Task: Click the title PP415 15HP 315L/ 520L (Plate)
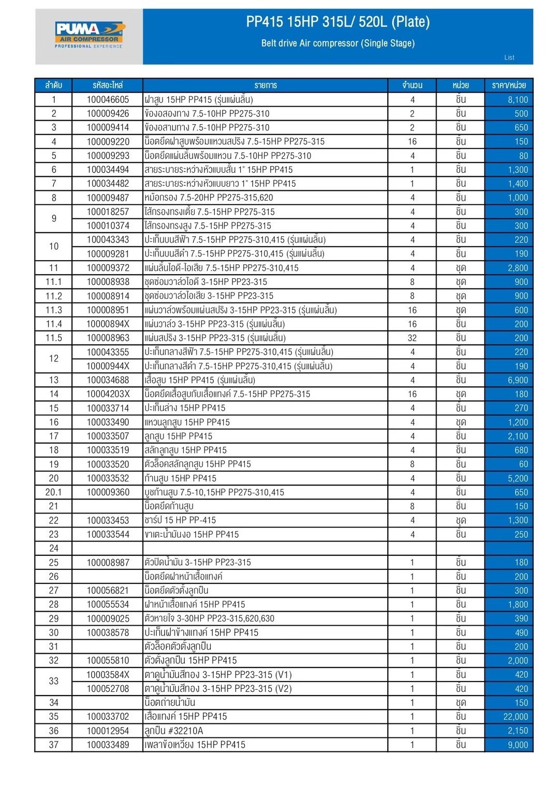[338, 22]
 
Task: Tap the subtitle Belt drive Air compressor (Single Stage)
[338, 43]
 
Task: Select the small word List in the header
[509, 57]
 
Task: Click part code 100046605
[108, 100]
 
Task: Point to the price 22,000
[516, 717]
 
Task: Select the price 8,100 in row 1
[518, 100]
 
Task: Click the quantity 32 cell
[412, 338]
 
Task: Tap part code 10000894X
[108, 324]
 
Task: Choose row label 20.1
[53, 492]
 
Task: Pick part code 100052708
[108, 689]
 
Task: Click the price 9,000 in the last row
[518, 745]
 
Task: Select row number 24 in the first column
[53, 548]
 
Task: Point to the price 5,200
[518, 478]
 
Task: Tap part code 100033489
[108, 745]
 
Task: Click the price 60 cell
[523, 464]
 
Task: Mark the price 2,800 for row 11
[518, 268]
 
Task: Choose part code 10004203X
[108, 394]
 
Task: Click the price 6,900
[518, 380]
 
